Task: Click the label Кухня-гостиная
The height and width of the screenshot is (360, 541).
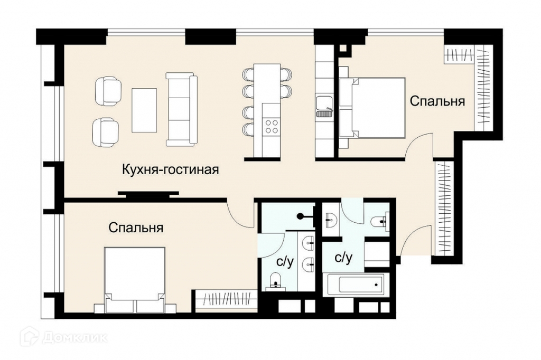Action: pos(171,169)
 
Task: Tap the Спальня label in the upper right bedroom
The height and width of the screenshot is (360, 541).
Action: pos(437,101)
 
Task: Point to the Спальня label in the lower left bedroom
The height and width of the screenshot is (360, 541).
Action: pos(136,228)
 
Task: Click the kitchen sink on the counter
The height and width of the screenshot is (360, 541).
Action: pos(324,107)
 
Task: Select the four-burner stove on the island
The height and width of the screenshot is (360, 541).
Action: pos(271,126)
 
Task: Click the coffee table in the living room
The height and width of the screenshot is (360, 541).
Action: pos(144,110)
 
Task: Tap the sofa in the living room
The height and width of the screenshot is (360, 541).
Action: pos(182,109)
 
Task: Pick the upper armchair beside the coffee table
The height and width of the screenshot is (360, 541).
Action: pos(108,91)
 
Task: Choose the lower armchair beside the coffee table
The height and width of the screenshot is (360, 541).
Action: pos(106,132)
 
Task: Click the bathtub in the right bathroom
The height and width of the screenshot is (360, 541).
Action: pos(357,285)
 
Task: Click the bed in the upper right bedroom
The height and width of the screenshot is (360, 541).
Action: pos(371,108)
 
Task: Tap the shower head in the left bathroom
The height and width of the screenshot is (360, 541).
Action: pos(301,216)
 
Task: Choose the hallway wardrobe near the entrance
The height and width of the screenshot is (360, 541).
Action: pos(445,208)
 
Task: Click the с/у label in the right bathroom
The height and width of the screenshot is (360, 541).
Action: pos(343,257)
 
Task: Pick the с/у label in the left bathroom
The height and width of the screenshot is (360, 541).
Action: pos(285,262)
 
